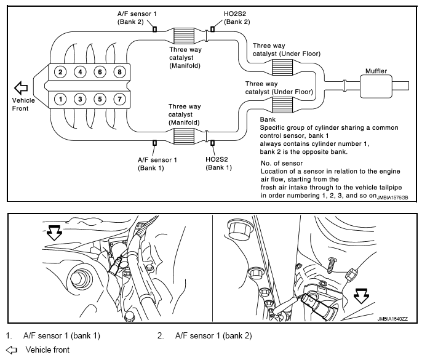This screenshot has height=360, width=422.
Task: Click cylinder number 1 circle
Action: click(60, 99)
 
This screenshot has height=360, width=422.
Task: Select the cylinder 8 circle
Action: click(120, 72)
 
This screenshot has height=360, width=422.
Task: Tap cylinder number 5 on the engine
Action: click(100, 99)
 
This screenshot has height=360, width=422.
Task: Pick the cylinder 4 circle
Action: click(80, 72)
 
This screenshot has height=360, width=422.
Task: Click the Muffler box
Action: click(376, 86)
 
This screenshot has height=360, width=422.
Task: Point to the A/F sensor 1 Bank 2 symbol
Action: click(155, 29)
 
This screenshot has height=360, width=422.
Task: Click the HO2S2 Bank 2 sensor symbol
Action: click(213, 28)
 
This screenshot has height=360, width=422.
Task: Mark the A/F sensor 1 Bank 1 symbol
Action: click(155, 143)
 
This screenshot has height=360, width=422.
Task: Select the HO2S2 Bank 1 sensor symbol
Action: click(213, 143)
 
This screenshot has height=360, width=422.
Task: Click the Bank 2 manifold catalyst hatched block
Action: click(184, 36)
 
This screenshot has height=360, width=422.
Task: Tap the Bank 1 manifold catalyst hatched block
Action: click(184, 136)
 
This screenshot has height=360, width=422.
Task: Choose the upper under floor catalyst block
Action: click(282, 67)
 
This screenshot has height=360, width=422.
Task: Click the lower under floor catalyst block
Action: click(282, 105)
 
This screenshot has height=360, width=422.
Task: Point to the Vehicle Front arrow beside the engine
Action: click(21, 88)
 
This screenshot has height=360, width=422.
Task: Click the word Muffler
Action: click(376, 71)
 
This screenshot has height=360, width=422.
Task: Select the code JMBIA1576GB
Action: click(392, 198)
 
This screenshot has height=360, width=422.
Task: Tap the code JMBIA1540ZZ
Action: click(392, 319)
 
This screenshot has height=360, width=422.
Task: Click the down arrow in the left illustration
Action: click(54, 233)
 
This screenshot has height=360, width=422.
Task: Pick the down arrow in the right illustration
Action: click(361, 296)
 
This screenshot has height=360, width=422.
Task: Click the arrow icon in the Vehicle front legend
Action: click(12, 350)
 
